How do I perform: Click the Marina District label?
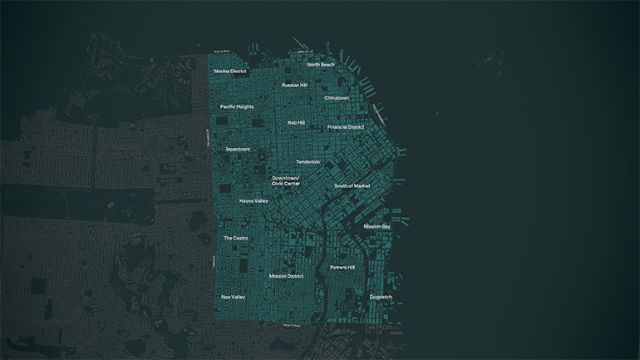(x=230, y=72)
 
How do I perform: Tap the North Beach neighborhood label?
(x=321, y=64)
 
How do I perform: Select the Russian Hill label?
(x=295, y=85)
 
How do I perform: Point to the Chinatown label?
(x=337, y=98)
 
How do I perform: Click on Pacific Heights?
(x=237, y=106)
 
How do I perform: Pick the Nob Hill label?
(x=296, y=122)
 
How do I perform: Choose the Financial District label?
(x=345, y=127)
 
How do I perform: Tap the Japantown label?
(x=238, y=149)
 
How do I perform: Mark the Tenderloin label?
(x=308, y=161)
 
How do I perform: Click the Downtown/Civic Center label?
(x=285, y=180)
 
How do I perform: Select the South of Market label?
(x=352, y=185)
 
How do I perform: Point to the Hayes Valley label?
(x=254, y=201)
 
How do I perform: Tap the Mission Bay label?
(x=377, y=226)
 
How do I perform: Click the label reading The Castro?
(x=235, y=238)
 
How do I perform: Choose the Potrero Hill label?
(x=342, y=268)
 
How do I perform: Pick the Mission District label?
(x=286, y=276)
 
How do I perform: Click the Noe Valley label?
(x=233, y=297)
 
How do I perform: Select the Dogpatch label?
(x=381, y=297)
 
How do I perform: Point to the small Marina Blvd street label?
(x=221, y=52)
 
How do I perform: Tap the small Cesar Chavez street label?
(x=291, y=325)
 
